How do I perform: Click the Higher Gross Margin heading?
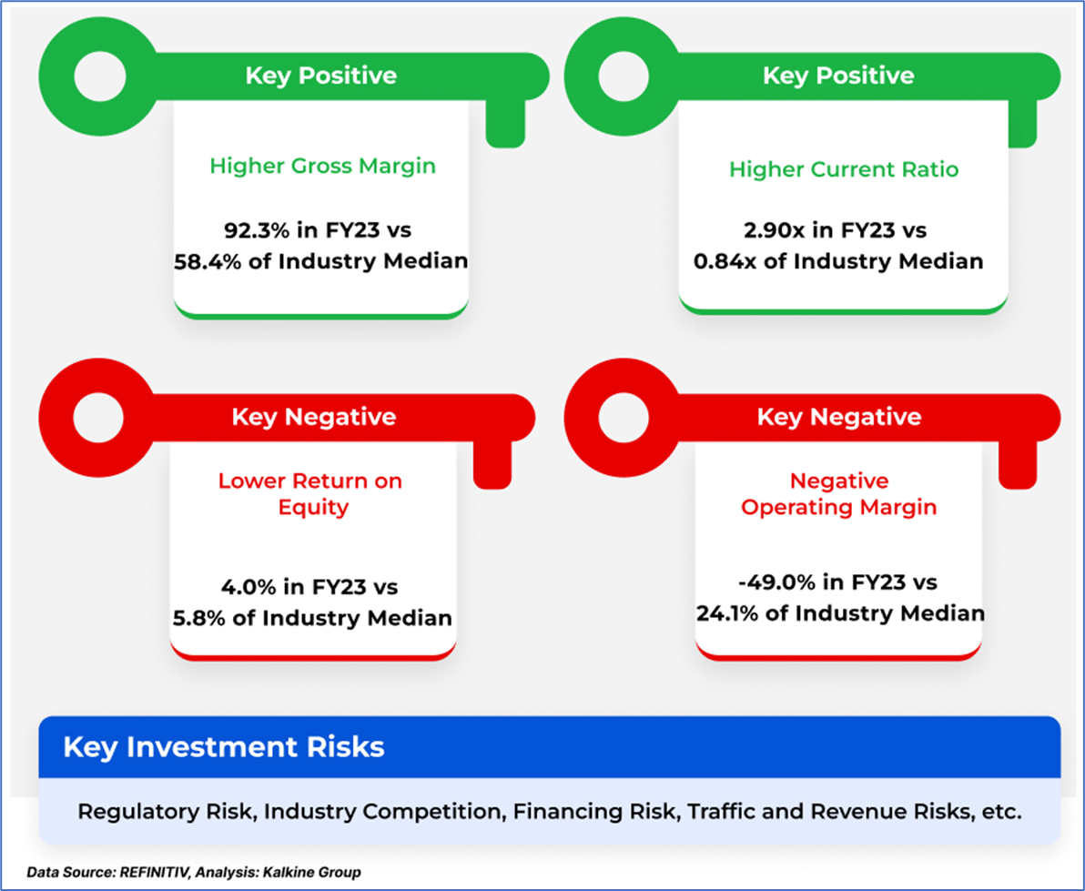point(322,167)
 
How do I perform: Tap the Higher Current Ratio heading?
point(843,169)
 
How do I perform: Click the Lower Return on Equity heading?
point(309,492)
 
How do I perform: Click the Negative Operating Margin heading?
point(838,492)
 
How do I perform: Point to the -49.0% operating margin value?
point(773,582)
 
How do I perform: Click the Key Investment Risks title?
point(223,748)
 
